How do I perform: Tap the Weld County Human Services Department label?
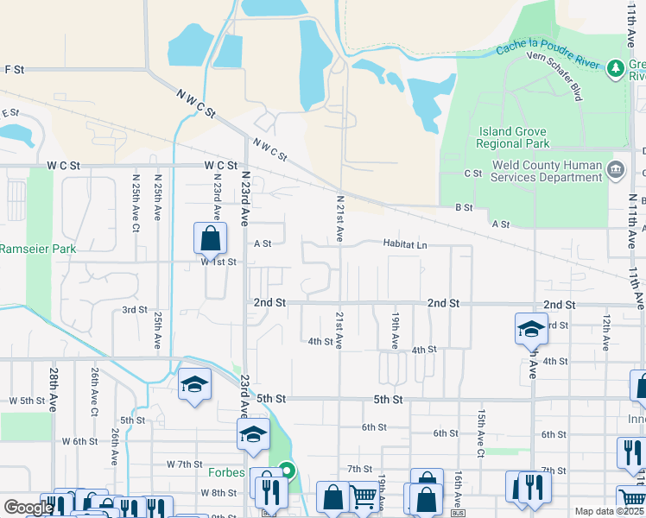(x=546, y=171)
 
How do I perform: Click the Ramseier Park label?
(x=38, y=249)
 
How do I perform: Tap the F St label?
(x=14, y=69)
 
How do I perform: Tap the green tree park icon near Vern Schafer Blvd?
(x=615, y=66)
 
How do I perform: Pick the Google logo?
(x=28, y=509)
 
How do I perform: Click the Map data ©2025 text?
(x=609, y=511)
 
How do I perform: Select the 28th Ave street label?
(x=54, y=388)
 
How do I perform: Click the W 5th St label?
(x=26, y=401)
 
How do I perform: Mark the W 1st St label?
(x=218, y=262)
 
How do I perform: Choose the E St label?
(x=10, y=113)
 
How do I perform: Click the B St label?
(x=464, y=207)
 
